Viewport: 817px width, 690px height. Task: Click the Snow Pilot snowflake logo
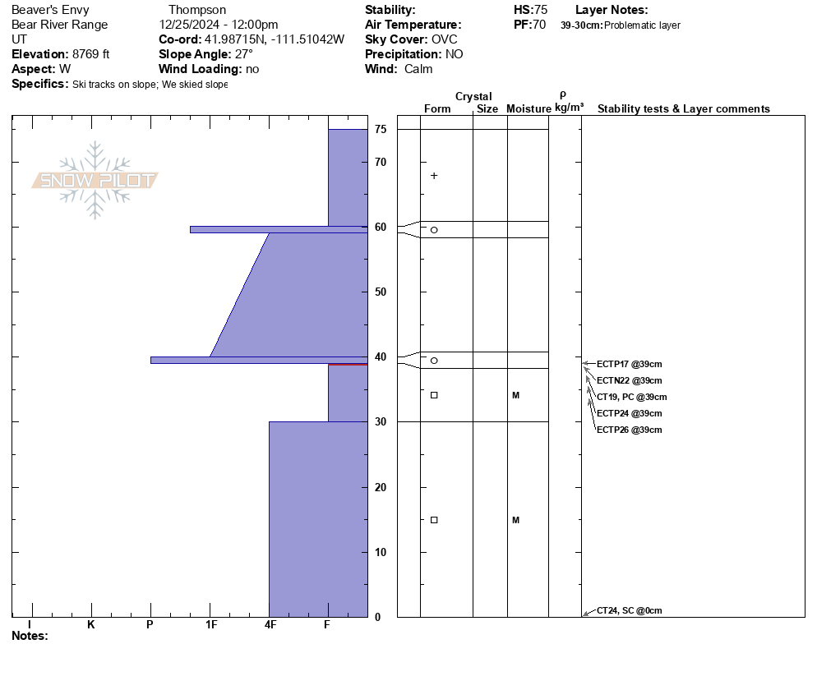(95, 180)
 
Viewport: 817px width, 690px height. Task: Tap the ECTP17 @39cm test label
(629, 364)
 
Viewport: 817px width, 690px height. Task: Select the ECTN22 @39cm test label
(629, 380)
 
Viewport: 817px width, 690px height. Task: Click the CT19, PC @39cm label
(631, 397)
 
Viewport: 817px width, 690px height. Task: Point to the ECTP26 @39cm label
(629, 430)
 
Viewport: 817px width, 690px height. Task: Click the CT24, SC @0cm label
(629, 610)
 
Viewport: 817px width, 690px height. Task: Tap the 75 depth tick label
(381, 129)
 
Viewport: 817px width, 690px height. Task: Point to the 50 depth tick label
(381, 292)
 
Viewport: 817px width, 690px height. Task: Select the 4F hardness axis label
(270, 624)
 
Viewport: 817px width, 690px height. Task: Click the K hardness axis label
(90, 624)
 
